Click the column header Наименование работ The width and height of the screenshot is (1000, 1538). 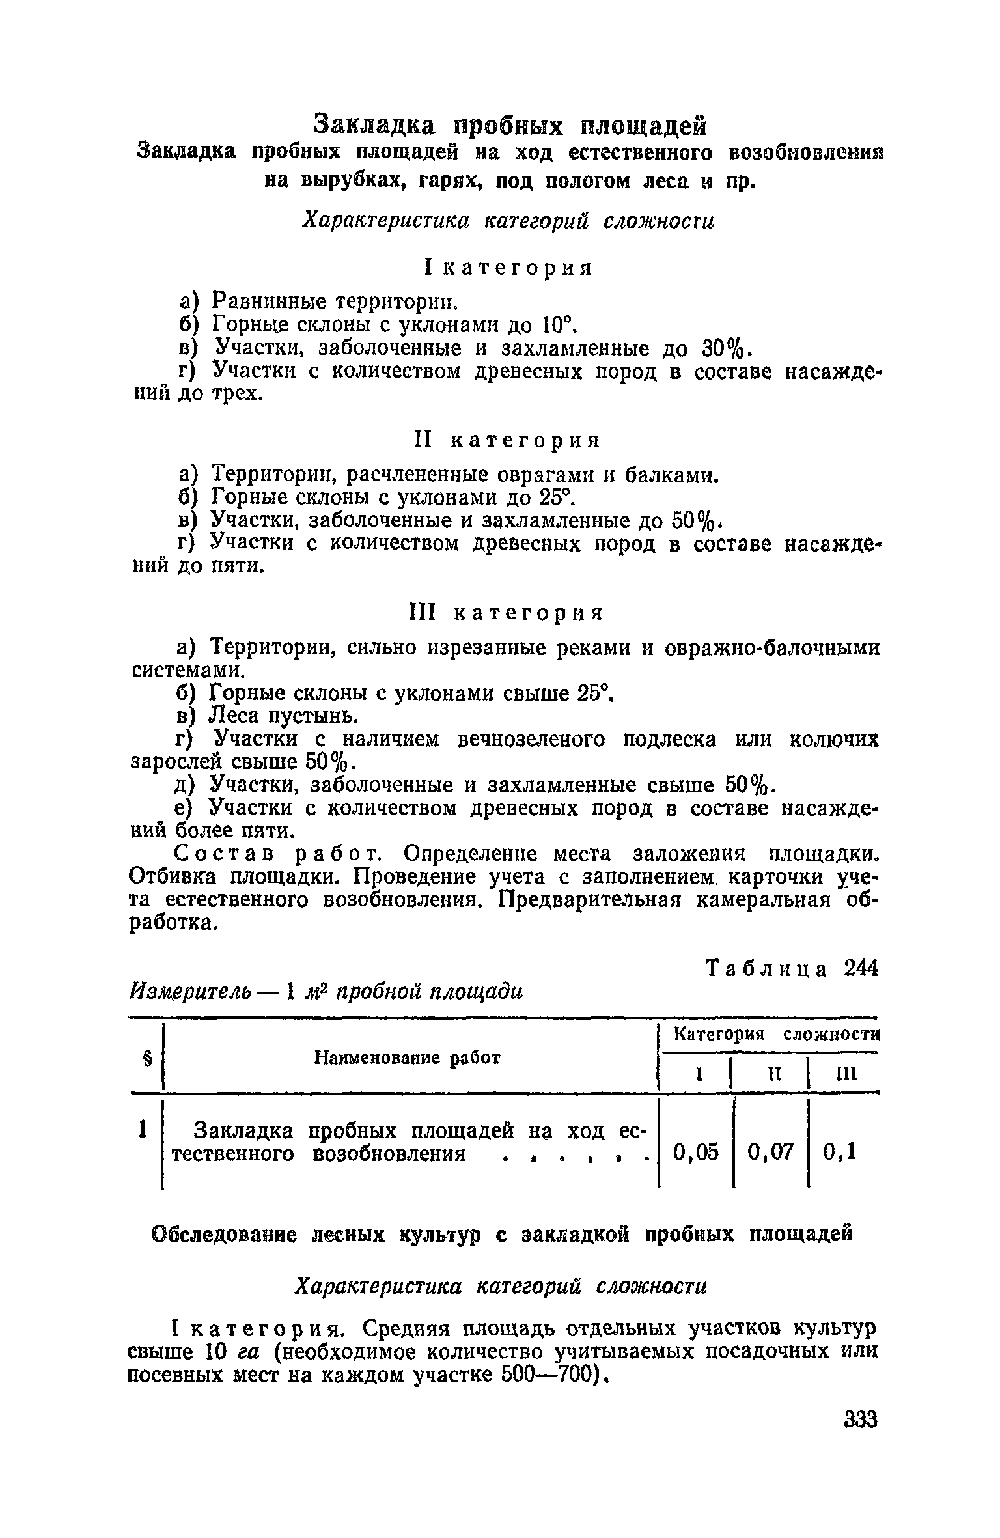click(408, 1058)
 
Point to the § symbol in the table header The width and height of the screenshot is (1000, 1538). click(146, 1059)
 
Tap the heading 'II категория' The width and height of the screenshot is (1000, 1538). click(507, 441)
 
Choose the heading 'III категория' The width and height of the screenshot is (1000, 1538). click(506, 613)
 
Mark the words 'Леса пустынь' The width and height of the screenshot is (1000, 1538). click(283, 716)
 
